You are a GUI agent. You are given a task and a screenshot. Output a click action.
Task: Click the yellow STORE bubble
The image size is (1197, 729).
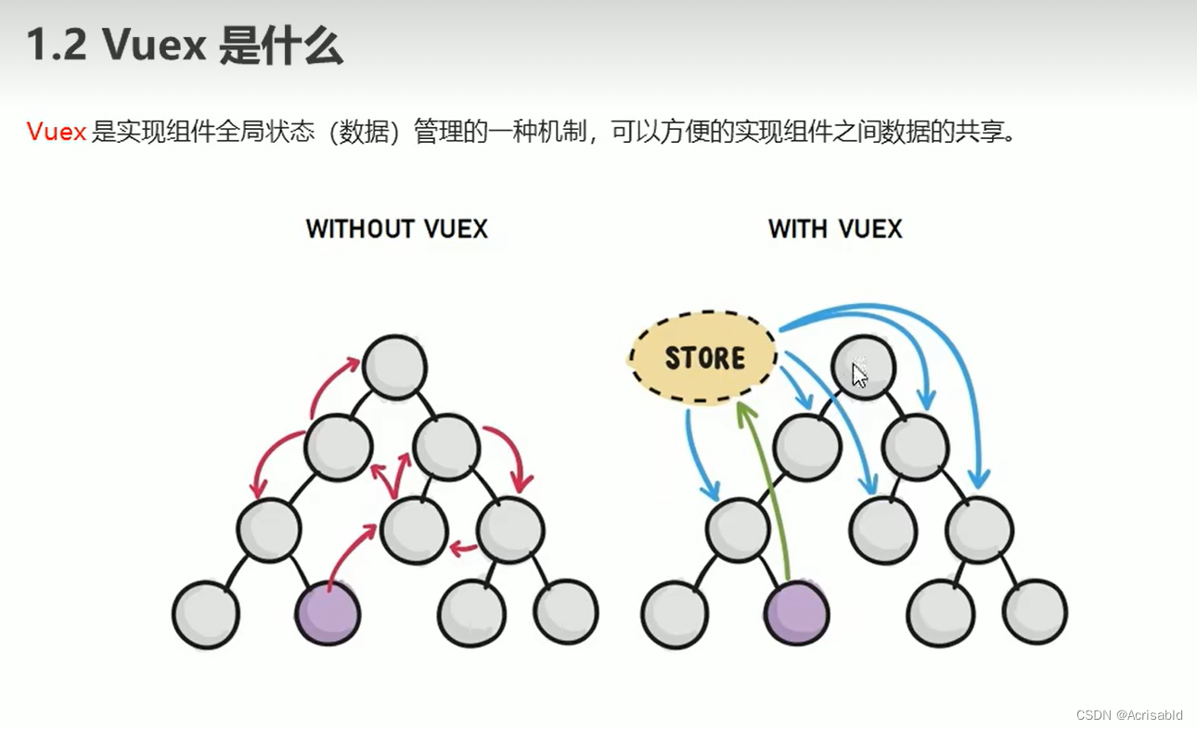coord(703,358)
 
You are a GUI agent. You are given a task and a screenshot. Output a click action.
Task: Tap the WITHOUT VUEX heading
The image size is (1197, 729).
coord(396,229)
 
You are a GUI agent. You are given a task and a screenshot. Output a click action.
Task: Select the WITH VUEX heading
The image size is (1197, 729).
coord(835,229)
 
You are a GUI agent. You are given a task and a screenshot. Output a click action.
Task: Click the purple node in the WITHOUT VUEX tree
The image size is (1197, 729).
coord(328,613)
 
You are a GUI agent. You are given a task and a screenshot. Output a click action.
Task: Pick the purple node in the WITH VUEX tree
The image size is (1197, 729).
coord(797,613)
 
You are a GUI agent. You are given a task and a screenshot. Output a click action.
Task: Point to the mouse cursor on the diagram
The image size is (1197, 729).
coord(859,375)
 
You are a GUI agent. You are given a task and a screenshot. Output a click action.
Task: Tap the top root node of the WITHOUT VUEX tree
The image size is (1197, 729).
coord(395,367)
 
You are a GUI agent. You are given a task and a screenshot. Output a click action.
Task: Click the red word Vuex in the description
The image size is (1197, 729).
coord(56,132)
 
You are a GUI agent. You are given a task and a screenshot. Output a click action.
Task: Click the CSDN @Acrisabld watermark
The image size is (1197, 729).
coord(1128,715)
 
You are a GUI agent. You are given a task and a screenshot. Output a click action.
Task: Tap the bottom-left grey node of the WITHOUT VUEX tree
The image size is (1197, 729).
coord(205,613)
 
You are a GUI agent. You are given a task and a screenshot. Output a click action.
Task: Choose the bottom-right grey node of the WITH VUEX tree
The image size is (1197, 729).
coord(1036,613)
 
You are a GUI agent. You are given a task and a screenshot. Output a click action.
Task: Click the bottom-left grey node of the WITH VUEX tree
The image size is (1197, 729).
coord(675,613)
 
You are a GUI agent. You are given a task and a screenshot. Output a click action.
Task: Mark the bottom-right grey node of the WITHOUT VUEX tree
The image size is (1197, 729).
coord(566,613)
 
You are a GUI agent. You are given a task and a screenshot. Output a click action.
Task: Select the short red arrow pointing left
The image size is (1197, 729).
coord(462,549)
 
